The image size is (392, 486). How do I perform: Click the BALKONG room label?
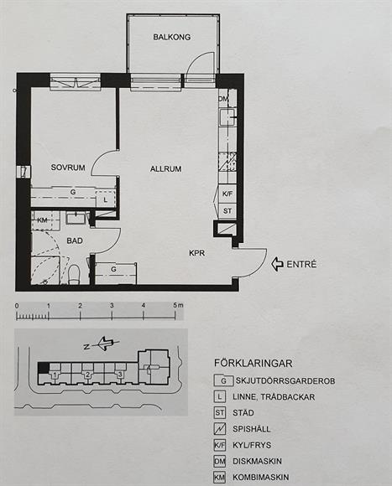(171, 37)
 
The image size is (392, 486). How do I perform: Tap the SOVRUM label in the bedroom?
(68, 168)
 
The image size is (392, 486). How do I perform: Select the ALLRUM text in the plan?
(165, 169)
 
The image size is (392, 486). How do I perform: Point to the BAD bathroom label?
(75, 240)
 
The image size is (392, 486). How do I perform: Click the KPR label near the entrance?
(197, 253)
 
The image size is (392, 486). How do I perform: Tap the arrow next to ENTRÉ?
(277, 264)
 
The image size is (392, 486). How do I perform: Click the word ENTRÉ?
(301, 265)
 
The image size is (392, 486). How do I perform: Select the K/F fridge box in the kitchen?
(227, 194)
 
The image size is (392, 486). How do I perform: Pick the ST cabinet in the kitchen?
(227, 211)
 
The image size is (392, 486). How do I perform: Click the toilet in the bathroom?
(75, 274)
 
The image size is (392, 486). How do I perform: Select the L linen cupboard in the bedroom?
(105, 199)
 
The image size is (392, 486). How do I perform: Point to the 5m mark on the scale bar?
(178, 305)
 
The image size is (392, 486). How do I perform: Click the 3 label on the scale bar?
(112, 305)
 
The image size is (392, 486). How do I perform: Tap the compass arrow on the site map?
(106, 344)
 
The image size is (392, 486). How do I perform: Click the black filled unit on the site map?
(43, 368)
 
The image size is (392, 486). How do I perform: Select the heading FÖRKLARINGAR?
(253, 364)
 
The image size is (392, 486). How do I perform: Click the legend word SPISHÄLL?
(252, 429)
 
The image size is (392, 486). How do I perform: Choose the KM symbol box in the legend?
(219, 478)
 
